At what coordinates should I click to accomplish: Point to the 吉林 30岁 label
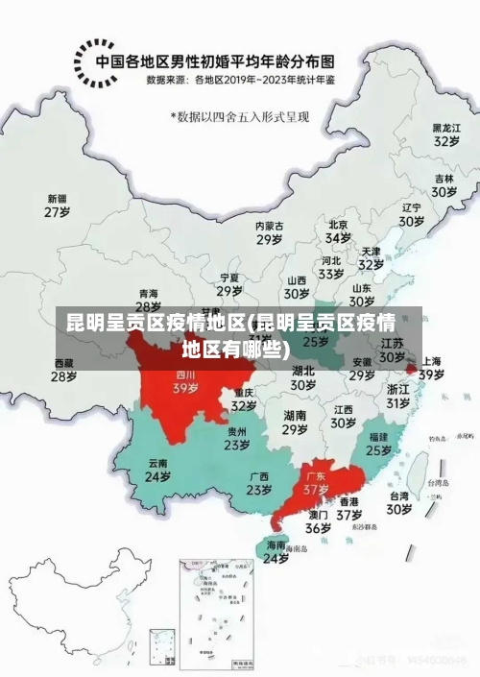click(444, 185)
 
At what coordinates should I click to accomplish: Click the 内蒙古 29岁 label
click(269, 231)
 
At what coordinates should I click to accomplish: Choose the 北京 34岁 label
click(338, 230)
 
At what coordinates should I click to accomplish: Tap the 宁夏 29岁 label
click(228, 284)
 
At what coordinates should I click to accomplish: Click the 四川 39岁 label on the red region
click(185, 382)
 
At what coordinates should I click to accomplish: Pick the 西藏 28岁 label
click(63, 370)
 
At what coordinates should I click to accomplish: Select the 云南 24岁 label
click(157, 470)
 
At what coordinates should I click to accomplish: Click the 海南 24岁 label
click(276, 551)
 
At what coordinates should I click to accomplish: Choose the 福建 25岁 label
click(378, 443)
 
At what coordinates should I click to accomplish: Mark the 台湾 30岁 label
click(397, 503)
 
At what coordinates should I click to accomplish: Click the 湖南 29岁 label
click(295, 423)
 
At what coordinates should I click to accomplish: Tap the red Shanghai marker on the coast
click(410, 368)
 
